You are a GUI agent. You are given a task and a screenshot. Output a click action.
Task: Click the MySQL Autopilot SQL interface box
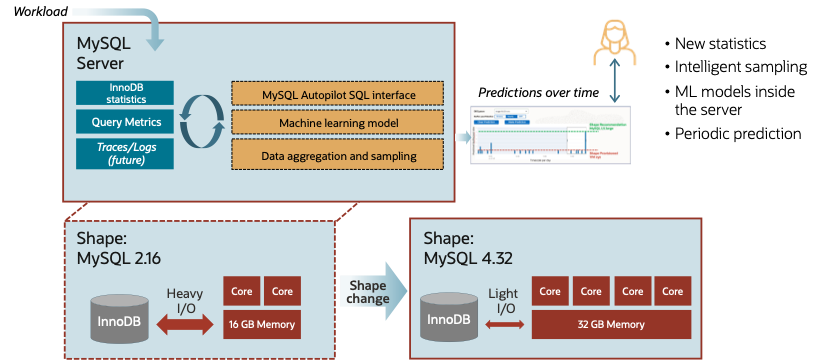tap(337, 94)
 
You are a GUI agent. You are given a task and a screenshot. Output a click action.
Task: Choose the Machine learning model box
tap(337, 123)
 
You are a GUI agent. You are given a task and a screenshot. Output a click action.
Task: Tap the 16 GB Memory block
tap(261, 324)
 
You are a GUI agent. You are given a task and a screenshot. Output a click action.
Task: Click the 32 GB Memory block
tap(612, 324)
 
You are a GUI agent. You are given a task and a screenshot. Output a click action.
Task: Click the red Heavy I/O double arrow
tap(185, 324)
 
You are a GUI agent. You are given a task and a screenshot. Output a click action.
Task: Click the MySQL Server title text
tap(101, 53)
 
